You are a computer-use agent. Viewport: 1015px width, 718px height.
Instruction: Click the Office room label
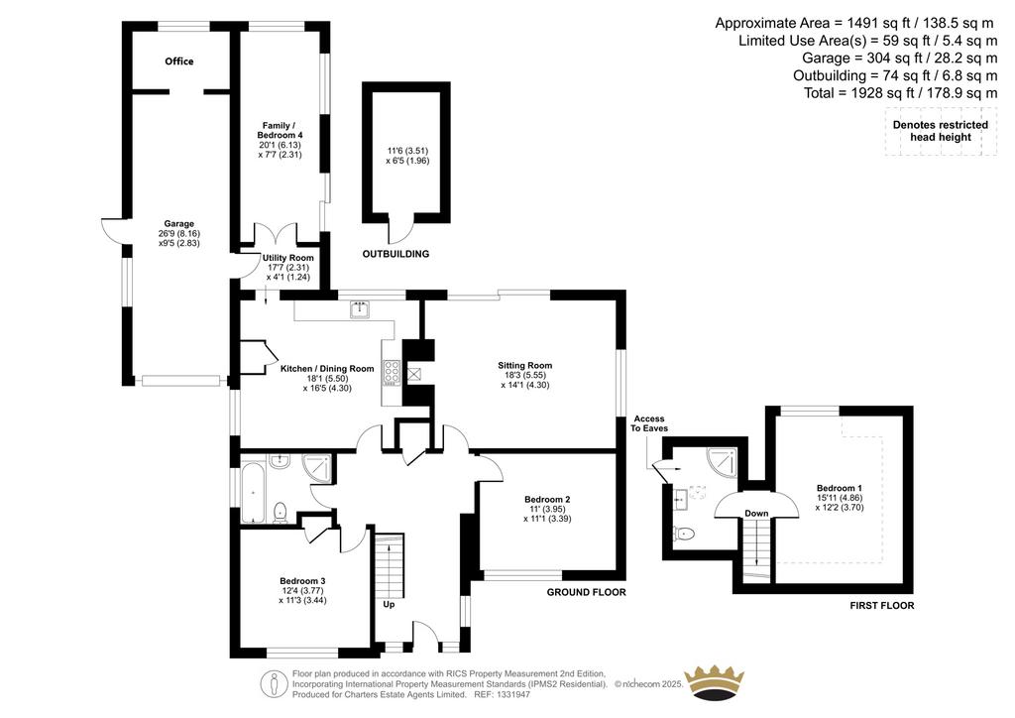178,61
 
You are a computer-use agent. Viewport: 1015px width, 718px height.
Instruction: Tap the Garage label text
178,224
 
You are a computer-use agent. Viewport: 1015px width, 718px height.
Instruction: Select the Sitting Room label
525,365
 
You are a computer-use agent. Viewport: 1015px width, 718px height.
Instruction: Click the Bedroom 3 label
302,581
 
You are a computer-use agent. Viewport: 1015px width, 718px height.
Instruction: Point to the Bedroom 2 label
547,499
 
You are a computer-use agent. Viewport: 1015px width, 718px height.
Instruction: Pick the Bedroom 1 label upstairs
839,488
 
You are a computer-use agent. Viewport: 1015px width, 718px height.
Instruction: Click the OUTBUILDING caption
395,254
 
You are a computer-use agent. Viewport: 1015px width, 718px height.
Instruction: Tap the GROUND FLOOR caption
587,592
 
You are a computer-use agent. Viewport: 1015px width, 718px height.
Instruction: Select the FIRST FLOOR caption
881,605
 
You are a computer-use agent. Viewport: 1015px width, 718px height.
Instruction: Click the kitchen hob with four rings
392,372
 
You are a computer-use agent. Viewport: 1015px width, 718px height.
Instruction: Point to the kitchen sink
359,309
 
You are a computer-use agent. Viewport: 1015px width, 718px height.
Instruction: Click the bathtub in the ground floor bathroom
252,489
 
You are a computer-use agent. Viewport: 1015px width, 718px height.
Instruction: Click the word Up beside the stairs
389,605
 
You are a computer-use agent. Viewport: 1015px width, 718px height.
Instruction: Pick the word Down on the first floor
756,514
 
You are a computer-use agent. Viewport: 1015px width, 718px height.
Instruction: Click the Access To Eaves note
649,423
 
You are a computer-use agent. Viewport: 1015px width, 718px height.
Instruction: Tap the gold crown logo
715,682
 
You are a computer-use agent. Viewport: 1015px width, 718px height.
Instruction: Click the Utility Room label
288,258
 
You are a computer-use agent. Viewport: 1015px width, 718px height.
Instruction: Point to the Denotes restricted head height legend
941,131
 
